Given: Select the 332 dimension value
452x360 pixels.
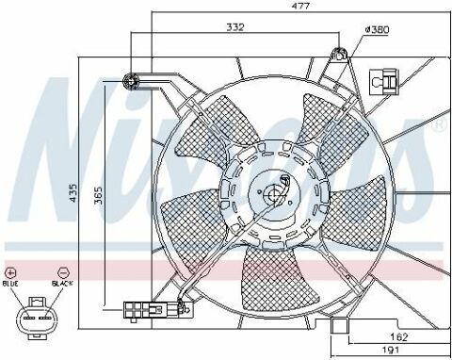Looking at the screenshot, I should click(x=234, y=26).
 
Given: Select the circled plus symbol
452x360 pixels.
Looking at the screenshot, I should click(x=12, y=270).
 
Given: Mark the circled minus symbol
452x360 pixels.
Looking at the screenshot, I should click(x=61, y=270).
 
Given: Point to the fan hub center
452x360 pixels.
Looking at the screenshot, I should click(x=275, y=194).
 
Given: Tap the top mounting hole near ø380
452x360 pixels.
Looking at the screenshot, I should click(x=336, y=53).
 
